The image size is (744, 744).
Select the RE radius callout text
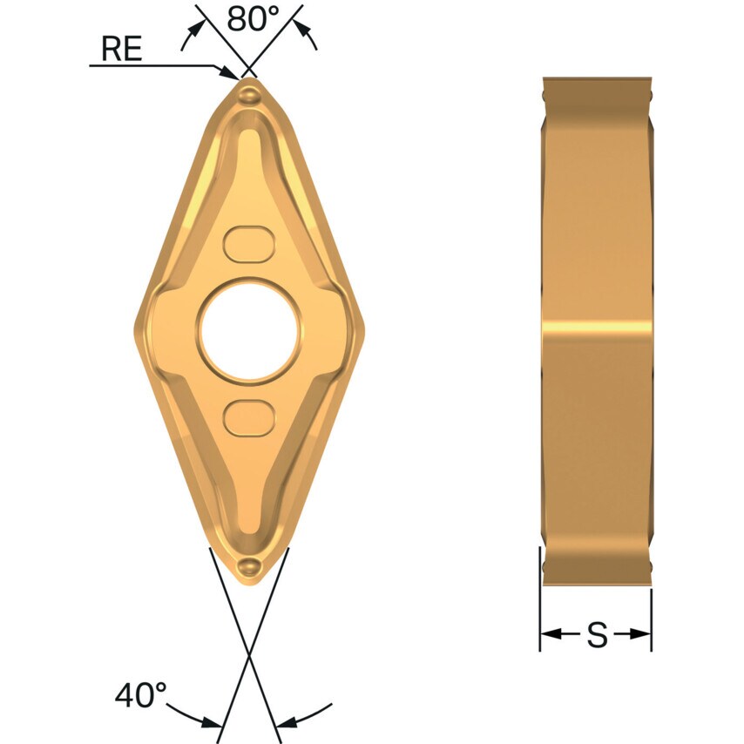pos(121,49)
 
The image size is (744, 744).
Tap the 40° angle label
pos(140,694)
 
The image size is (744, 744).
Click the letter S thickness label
pos(597,635)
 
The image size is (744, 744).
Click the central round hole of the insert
pos(249,331)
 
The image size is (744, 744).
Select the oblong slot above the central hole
pos(249,244)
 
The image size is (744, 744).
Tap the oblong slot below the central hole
pos(249,418)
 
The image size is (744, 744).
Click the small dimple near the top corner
pos(250,92)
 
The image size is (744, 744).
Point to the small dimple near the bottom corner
pos(250,567)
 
